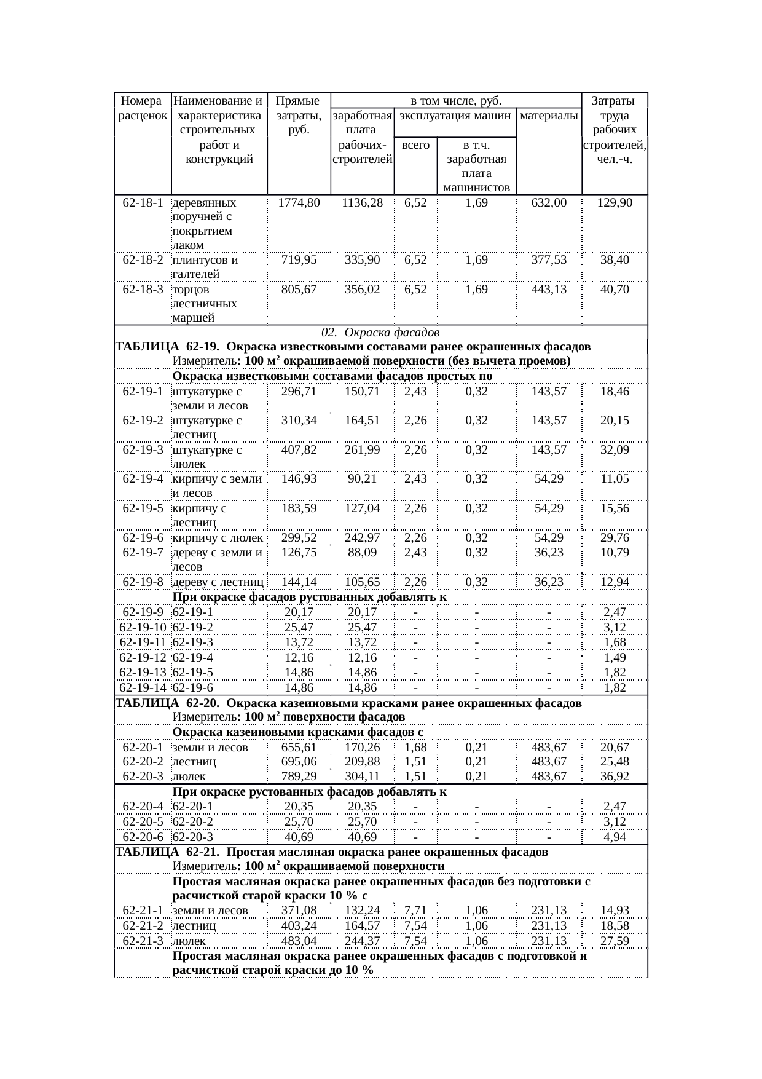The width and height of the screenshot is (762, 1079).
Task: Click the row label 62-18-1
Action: point(143,203)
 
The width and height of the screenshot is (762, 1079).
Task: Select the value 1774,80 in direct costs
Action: point(299,203)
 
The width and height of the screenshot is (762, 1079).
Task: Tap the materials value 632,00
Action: point(549,203)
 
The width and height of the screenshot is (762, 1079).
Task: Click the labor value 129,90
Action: point(615,203)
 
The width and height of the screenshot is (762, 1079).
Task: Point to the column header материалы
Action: point(549,115)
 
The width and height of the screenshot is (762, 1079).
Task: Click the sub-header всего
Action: point(415,145)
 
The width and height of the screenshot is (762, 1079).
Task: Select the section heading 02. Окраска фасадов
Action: point(380,333)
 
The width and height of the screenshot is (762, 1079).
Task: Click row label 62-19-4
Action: point(143,479)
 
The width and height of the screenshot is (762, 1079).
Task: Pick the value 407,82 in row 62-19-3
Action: point(299,449)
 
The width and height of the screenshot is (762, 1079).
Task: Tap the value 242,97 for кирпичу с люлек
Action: point(362,538)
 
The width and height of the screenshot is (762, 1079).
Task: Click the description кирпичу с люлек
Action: point(218,538)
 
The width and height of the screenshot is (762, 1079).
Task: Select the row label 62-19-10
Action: point(143,628)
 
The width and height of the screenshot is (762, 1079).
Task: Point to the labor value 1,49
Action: point(615,658)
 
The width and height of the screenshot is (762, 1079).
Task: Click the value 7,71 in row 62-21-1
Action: point(415,911)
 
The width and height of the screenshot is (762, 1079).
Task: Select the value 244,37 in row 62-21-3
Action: point(362,941)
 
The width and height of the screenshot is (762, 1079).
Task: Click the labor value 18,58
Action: point(615,926)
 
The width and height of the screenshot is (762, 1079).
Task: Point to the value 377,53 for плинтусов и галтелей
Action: point(549,260)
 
